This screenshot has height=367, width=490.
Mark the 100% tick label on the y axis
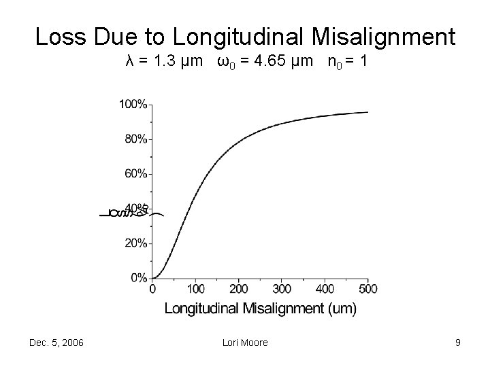coord(133,104)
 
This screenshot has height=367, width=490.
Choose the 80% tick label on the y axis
coord(135,139)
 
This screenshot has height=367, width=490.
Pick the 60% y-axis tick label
coord(135,174)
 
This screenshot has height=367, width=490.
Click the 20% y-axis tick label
coord(135,243)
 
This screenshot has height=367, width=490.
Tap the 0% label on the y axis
coord(137,278)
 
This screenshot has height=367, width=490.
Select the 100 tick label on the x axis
coord(195,290)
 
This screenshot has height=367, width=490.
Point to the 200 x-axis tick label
coord(238,290)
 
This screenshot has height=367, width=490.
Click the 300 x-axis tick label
coord(281,290)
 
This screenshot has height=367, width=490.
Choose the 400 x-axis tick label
coord(325,290)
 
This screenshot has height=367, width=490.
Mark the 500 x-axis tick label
coord(367,290)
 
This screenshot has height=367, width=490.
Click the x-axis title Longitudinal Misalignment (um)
coord(260,309)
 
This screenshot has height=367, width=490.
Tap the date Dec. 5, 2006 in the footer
coord(57,343)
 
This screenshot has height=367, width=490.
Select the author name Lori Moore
coord(245,343)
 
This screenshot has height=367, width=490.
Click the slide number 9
coord(458,343)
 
